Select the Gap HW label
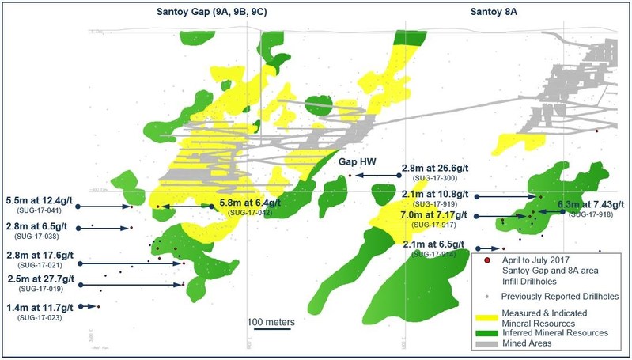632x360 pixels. pos(359,161)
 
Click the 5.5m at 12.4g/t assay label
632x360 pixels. pos(40,200)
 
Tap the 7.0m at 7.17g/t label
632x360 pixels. pos(435,215)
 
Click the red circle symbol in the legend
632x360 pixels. pos(487,260)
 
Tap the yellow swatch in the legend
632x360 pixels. pos(488,316)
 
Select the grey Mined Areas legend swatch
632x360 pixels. pos(488,345)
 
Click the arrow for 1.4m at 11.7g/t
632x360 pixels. pos(89,306)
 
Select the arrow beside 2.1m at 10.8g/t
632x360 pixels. pos(506,196)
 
